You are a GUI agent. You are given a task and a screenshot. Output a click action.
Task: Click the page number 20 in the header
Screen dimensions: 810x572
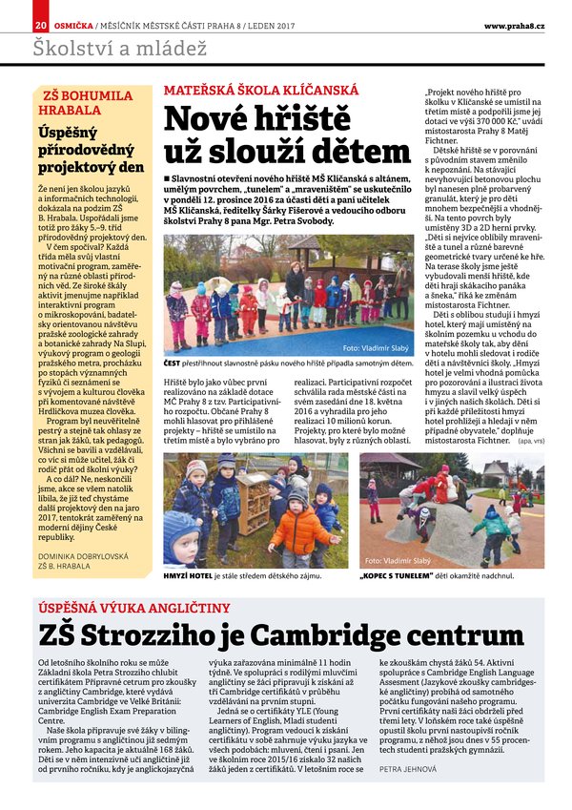[x=38, y=25]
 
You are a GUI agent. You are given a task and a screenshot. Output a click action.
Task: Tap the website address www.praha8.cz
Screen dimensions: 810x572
[x=514, y=25]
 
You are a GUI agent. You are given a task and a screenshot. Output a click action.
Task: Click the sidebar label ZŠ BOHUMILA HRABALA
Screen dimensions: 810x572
[x=88, y=102]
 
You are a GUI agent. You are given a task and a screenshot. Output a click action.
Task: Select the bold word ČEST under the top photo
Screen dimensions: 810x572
[x=173, y=363]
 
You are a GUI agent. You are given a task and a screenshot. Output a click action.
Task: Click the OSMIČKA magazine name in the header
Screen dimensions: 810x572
[x=71, y=25]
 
